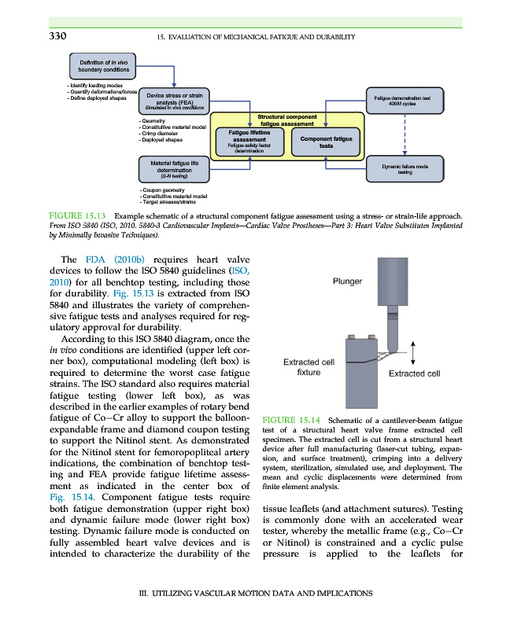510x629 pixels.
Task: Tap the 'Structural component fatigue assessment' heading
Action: click(287, 120)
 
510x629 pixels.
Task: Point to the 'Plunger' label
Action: click(348, 281)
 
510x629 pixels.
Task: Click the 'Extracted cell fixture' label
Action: click(309, 367)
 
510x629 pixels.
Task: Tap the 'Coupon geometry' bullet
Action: click(162, 190)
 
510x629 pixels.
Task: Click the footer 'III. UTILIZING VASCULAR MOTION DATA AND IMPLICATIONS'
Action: click(254, 594)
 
